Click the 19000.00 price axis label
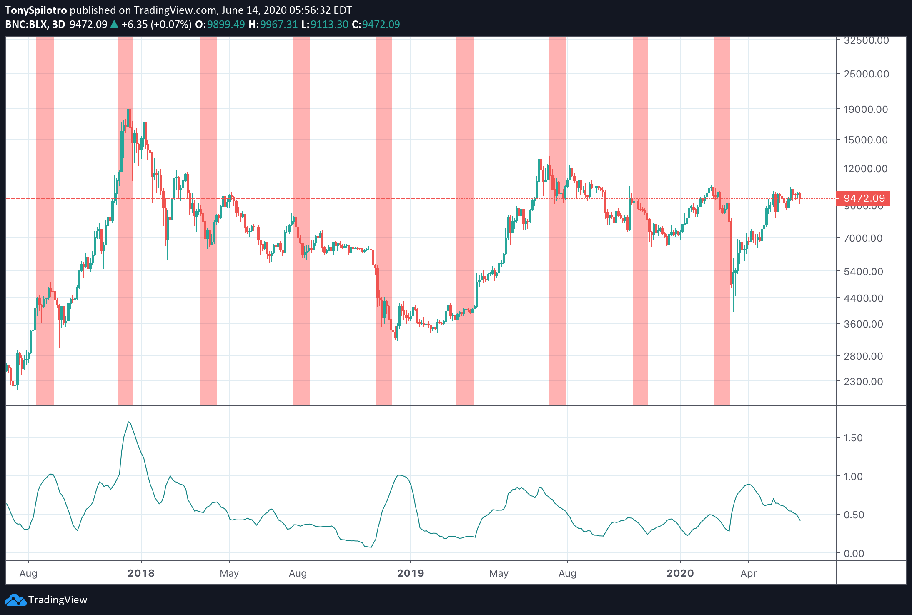tap(865, 110)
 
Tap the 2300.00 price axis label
tap(863, 382)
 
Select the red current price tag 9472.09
tap(864, 198)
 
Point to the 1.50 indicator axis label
tap(853, 438)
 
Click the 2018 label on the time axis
tap(141, 573)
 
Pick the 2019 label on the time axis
tap(411, 573)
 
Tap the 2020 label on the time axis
tap(680, 573)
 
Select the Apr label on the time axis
tap(749, 573)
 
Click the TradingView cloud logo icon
tap(15, 600)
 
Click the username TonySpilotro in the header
tap(36, 10)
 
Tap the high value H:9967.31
tap(273, 25)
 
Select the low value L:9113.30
tap(325, 25)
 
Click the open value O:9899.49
tap(220, 25)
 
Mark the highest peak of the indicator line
tap(129, 422)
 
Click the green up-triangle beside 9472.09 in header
tap(114, 25)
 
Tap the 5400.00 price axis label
tap(863, 272)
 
